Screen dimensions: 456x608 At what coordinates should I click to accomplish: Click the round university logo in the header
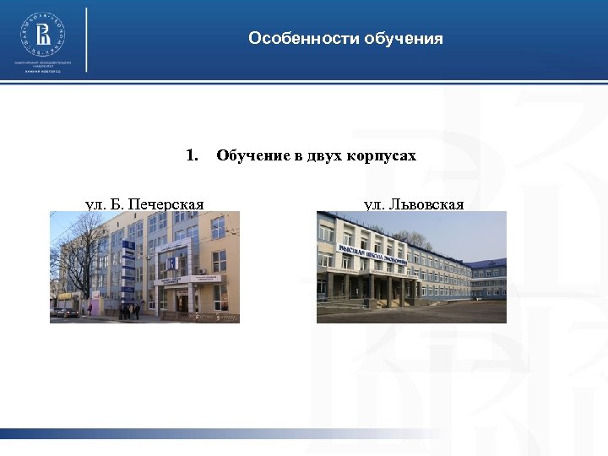click(x=42, y=34)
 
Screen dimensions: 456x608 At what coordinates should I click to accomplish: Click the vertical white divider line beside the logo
click(x=86, y=39)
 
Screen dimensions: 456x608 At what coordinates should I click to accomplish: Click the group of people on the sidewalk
click(x=129, y=311)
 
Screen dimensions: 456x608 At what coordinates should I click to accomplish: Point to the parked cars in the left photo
click(x=65, y=312)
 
